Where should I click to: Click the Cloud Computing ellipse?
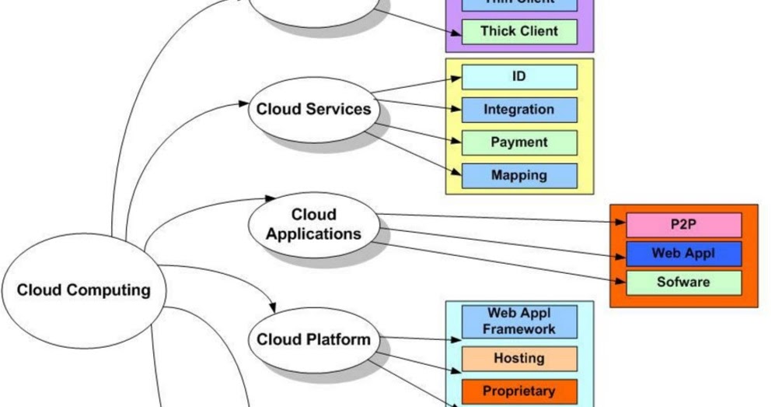click(83, 290)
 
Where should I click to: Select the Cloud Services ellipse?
click(313, 109)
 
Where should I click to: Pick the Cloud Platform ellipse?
click(313, 339)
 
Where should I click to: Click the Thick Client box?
click(519, 31)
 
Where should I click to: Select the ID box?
click(519, 77)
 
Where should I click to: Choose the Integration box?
click(519, 110)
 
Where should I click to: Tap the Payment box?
click(519, 142)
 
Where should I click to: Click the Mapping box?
click(519, 175)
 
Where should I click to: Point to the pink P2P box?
click(683, 225)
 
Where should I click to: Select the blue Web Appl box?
click(683, 254)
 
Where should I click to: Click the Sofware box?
click(683, 282)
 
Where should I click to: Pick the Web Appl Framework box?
click(519, 321)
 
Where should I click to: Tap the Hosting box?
click(519, 358)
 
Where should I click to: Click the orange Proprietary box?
click(519, 391)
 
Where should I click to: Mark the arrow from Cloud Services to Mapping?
click(412, 153)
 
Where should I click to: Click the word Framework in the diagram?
click(519, 328)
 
